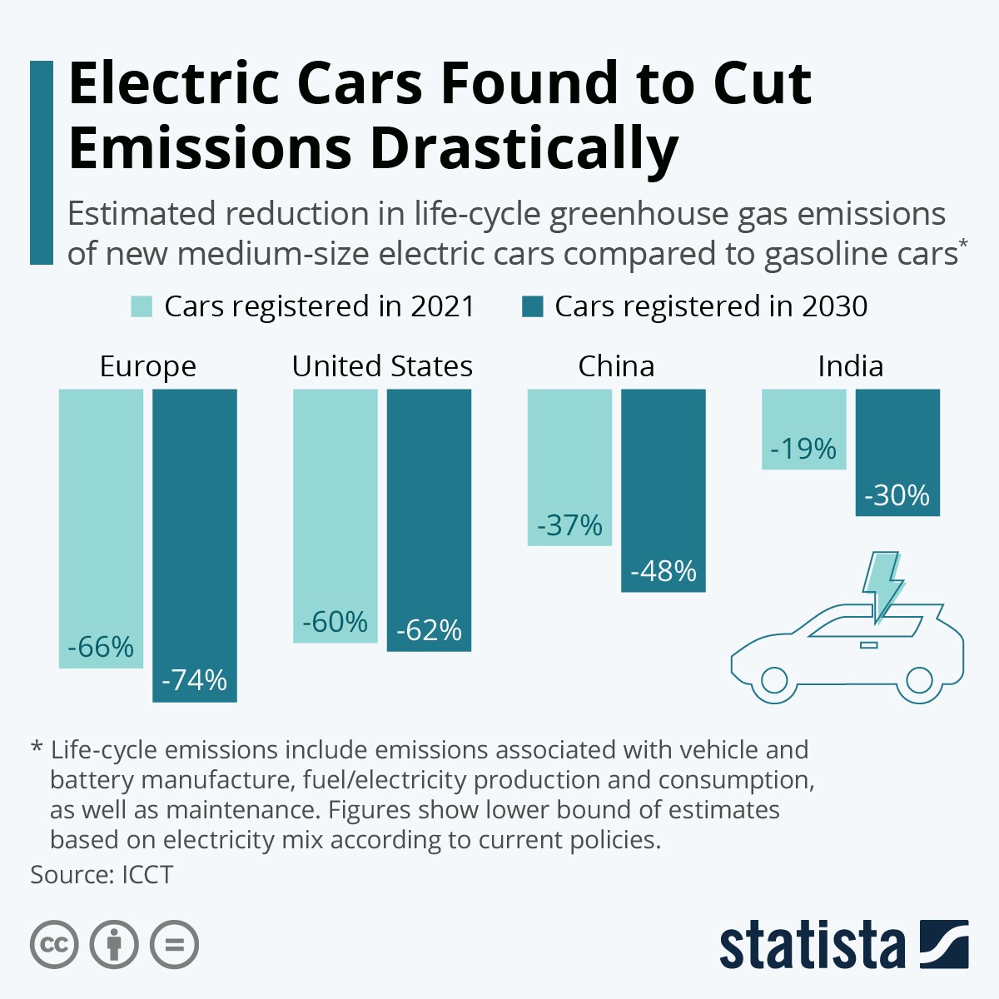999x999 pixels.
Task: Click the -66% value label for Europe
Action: coord(101,647)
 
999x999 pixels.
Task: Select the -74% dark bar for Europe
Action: coord(194,545)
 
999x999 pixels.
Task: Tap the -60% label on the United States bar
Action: coord(335,622)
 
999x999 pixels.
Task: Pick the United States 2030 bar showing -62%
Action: coord(429,519)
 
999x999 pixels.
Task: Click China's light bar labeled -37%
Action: coord(569,466)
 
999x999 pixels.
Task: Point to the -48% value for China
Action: coord(664,571)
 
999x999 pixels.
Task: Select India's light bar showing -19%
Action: coord(803,429)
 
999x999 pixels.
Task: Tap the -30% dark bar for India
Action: coord(897,452)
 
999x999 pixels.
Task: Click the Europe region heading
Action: coord(147,366)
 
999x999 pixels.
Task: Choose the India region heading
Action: coord(850,366)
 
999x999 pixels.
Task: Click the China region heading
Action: coord(616,366)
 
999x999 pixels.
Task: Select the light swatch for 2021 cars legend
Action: coord(142,306)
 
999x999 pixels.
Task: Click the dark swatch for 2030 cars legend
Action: coord(532,306)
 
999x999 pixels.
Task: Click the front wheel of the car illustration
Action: coord(774,680)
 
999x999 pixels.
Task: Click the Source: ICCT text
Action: coord(102,875)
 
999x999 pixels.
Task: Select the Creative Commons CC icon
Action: coord(54,945)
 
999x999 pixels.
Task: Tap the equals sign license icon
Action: coord(174,945)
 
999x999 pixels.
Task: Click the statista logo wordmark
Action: coord(812,947)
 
